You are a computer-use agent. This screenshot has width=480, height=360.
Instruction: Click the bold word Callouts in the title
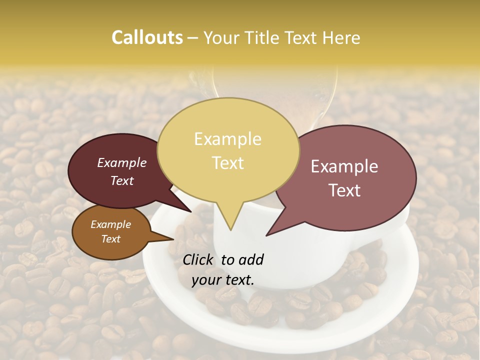coord(147,37)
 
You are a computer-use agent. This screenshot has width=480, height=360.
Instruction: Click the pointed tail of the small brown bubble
coord(170,239)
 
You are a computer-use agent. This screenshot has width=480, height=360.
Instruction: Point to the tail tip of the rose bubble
coord(267,235)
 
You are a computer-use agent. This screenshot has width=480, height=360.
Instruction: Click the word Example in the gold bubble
coord(227,139)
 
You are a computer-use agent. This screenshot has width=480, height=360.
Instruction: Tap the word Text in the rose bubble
coord(345,190)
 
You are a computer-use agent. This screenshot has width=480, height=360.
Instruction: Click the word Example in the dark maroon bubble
coord(121,162)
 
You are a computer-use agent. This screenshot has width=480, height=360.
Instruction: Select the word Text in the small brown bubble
coord(110,239)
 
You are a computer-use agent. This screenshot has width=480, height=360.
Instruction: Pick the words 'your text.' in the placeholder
coord(222,280)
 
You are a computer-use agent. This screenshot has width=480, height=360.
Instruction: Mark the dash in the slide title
coord(193,38)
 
